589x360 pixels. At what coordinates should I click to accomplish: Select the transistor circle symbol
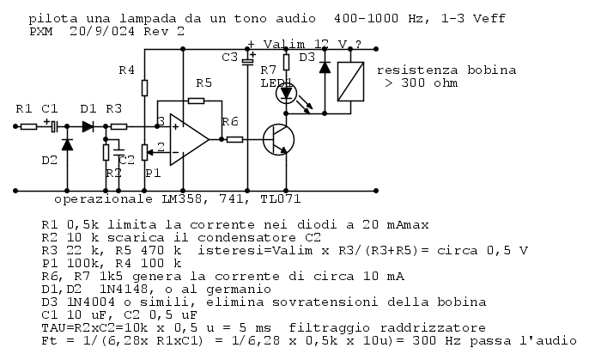point(278,140)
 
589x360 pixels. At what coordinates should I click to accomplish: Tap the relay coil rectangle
point(350,82)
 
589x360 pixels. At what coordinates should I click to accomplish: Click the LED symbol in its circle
point(286,93)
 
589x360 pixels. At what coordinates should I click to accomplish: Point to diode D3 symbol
point(325,67)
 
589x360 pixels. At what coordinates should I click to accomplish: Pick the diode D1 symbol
point(88,126)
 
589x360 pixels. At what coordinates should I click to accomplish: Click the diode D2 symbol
point(67,144)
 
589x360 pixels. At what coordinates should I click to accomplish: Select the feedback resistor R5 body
point(196,101)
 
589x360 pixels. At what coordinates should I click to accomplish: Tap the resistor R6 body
point(234,139)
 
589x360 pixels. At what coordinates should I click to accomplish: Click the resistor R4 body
point(144,88)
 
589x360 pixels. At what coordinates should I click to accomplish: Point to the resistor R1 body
point(28,126)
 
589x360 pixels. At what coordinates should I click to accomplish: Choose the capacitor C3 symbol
point(247,61)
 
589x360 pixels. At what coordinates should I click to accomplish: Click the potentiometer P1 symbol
point(145,152)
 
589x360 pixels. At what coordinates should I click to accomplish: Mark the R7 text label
point(268,70)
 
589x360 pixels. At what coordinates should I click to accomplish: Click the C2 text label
point(126,160)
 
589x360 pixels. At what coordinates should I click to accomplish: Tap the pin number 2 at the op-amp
point(161,147)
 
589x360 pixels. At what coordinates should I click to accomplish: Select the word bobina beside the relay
point(492,70)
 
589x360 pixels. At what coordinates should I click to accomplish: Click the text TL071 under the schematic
point(281,198)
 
